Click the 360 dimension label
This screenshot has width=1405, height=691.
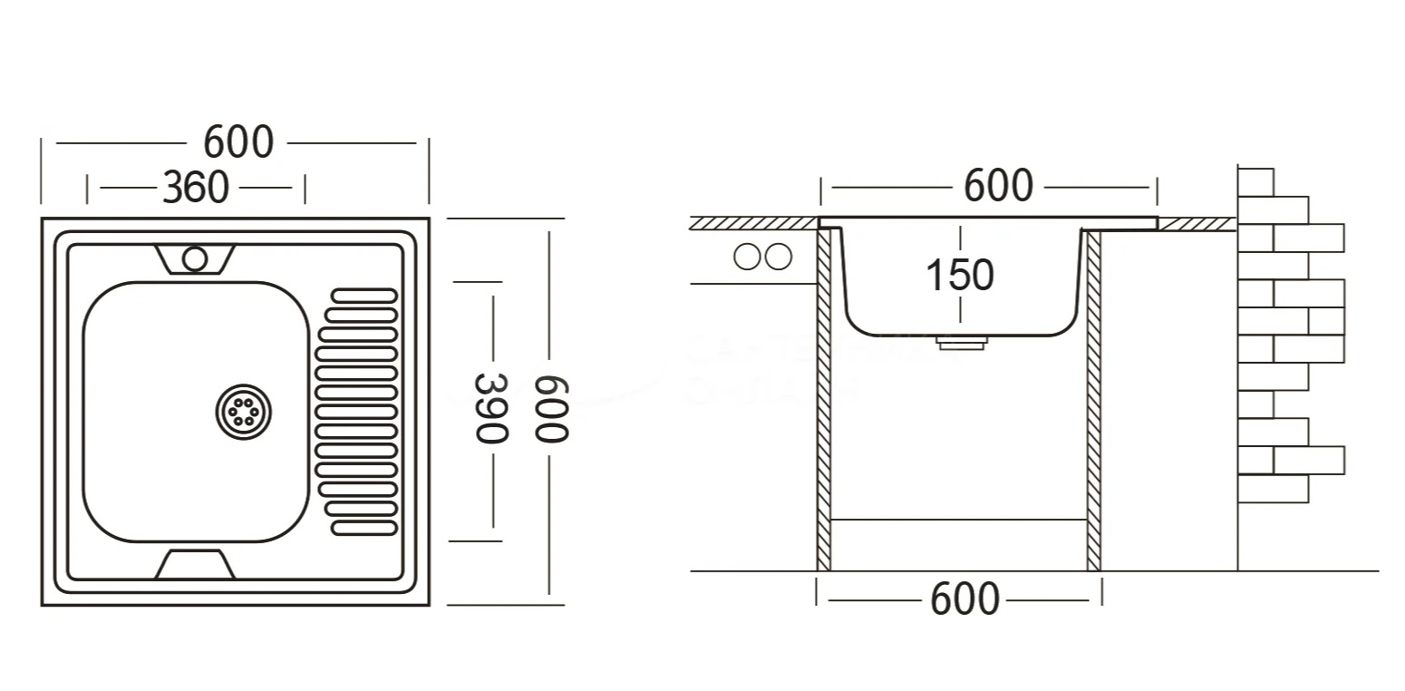pos(195,188)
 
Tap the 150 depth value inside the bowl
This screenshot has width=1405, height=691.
pos(960,274)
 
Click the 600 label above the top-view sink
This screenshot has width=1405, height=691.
pos(238,142)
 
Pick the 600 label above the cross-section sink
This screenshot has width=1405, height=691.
pos(998,186)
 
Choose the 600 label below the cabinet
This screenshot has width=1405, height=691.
pos(964,599)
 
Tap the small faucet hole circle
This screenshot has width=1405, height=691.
pos(194,258)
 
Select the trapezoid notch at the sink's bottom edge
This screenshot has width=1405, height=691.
pos(195,564)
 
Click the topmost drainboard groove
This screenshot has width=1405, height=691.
pos(364,296)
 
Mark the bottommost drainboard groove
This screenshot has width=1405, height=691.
pos(364,527)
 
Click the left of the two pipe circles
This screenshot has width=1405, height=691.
pos(747,258)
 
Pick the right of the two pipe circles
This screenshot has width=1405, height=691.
pos(778,258)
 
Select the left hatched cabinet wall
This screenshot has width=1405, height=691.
pos(824,399)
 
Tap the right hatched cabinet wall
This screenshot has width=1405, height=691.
pos(1093,399)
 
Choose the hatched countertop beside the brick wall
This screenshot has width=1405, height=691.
pos(1197,224)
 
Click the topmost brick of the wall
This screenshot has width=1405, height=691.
pos(1255,181)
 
